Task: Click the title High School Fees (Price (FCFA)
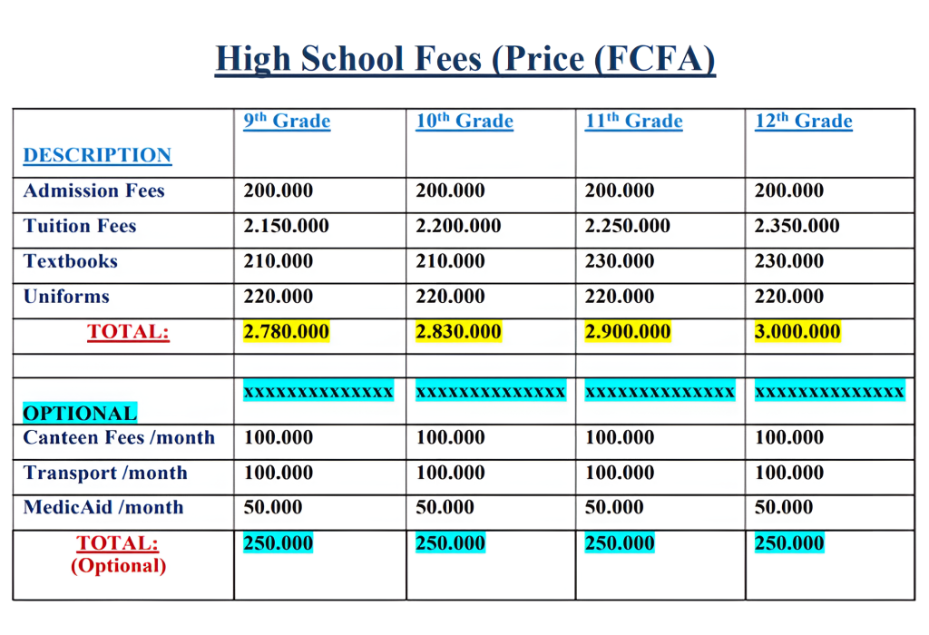(x=464, y=59)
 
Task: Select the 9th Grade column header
(x=287, y=122)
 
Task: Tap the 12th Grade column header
(x=803, y=122)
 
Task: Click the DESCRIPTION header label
(x=97, y=155)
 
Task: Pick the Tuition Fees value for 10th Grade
(x=458, y=226)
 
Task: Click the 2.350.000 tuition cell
(x=797, y=226)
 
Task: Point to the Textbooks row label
(x=71, y=261)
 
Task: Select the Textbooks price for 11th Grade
(x=620, y=261)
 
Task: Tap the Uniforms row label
(x=66, y=297)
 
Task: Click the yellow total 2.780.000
(x=286, y=332)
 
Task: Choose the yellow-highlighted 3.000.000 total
(x=797, y=332)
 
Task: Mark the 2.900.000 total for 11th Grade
(x=628, y=332)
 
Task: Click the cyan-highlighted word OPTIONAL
(x=80, y=414)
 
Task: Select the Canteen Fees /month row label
(x=119, y=437)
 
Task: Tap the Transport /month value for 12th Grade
(x=789, y=473)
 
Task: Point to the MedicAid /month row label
(x=103, y=508)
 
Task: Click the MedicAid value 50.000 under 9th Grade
(x=273, y=508)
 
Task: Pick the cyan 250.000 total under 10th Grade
(x=450, y=543)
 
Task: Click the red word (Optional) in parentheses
(x=118, y=566)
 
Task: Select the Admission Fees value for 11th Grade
(x=620, y=190)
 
